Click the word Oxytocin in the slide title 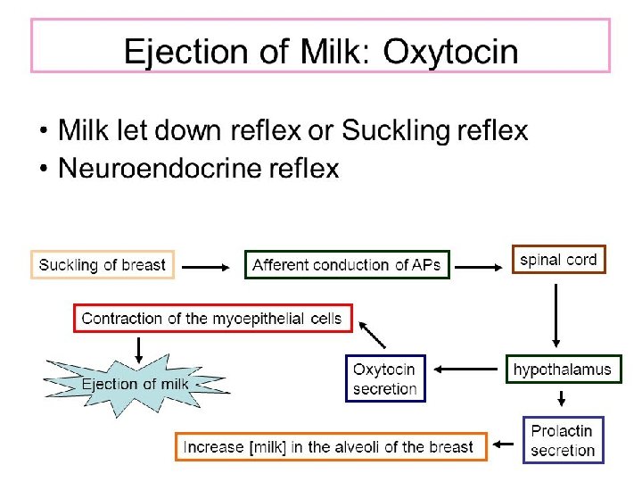(x=450, y=51)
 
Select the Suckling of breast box (x=103, y=264)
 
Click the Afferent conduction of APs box (x=347, y=264)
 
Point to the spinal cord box (x=558, y=260)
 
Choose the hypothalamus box (x=563, y=369)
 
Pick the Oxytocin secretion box (x=385, y=378)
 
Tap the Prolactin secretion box (x=562, y=440)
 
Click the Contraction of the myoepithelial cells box (x=212, y=318)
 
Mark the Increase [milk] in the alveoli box (x=330, y=446)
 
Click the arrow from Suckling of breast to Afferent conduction (x=209, y=264)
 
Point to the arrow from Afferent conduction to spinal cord (x=480, y=264)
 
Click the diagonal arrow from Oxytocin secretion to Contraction (x=373, y=336)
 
